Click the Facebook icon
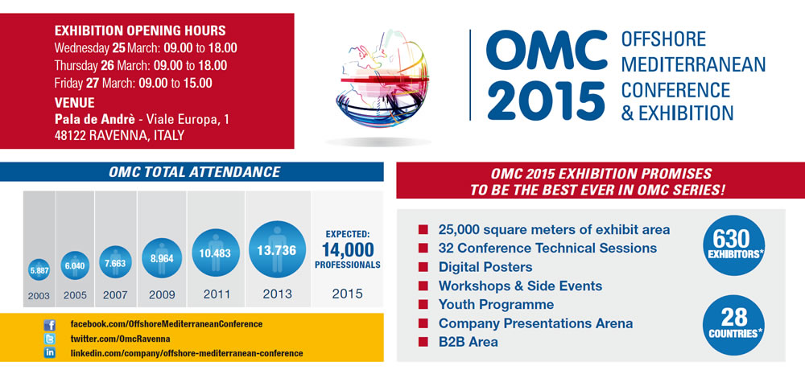tap(50, 324)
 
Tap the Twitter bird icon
tap(50, 339)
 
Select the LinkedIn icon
tap(50, 353)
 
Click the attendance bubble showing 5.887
tap(39, 271)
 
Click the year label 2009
tap(162, 295)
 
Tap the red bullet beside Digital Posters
tap(423, 267)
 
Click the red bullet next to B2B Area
tap(423, 343)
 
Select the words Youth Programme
tap(496, 305)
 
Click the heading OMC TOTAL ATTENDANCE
tap(195, 172)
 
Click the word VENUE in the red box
tap(74, 103)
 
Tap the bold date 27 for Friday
tap(94, 83)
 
